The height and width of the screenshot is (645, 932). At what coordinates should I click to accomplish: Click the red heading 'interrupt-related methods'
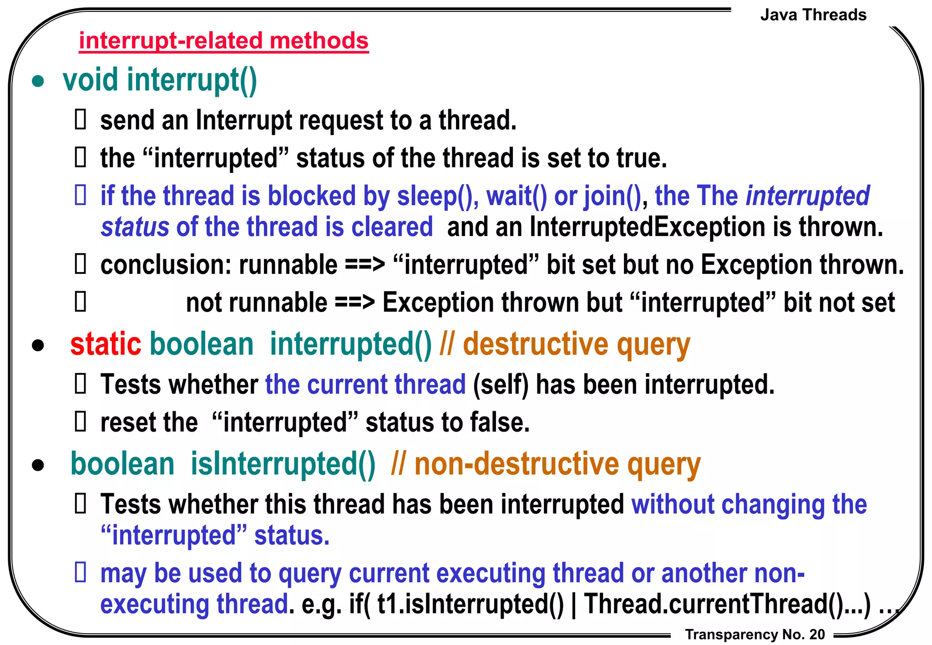pos(223,41)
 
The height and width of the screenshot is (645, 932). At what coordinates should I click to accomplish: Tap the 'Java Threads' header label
pos(813,15)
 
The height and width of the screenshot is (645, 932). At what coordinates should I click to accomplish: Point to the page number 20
pos(817,634)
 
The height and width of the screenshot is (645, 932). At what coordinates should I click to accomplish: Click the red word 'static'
pos(106,344)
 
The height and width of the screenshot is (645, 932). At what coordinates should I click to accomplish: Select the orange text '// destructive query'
pos(565,345)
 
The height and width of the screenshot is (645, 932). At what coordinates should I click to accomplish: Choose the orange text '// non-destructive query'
pos(546,464)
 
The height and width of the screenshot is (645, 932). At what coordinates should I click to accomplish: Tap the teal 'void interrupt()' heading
pos(160,81)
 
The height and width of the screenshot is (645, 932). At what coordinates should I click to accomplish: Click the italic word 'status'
pos(135,227)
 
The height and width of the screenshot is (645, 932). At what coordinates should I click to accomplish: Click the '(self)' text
pos(501,385)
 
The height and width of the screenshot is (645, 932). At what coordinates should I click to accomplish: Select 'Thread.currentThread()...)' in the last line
pos(727,604)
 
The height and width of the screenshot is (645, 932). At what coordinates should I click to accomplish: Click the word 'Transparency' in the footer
pos(731,634)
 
